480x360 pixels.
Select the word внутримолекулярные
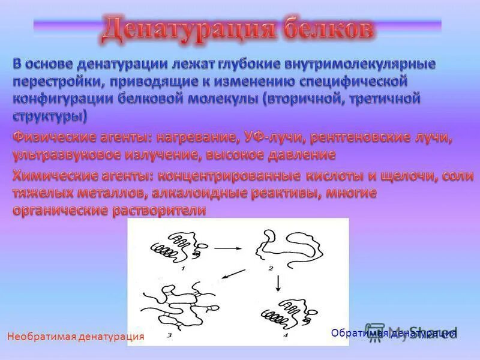coord(366,64)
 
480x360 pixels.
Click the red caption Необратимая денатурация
coord(76,337)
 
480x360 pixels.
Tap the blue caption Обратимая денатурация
coord(394,332)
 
